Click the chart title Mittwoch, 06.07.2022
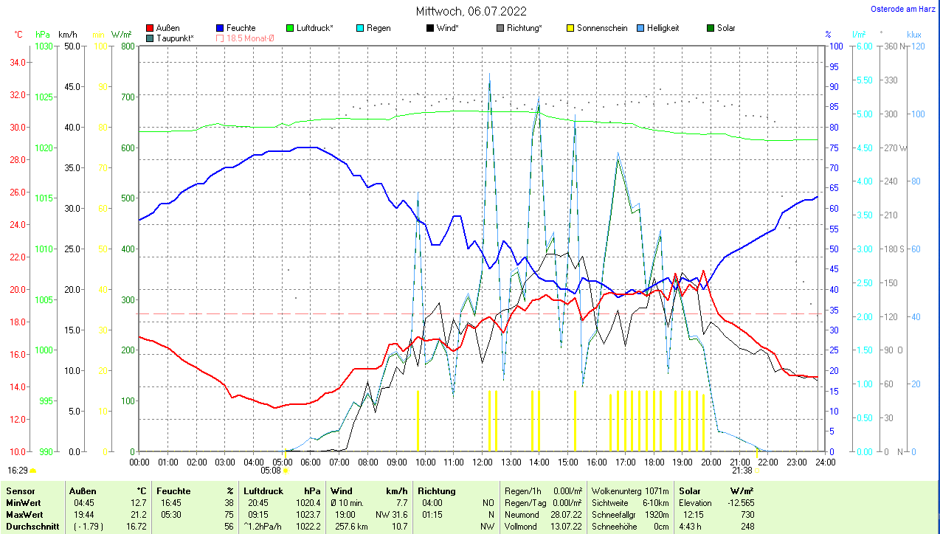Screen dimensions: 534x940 pos(470,11)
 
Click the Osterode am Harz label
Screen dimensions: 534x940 pos(903,9)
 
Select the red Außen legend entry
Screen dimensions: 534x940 pos(167,28)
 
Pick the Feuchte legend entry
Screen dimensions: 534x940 pos(241,28)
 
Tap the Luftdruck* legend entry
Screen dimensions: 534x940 pos(314,28)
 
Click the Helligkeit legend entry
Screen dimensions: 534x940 pos(663,28)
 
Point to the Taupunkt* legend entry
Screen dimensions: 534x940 pos(174,38)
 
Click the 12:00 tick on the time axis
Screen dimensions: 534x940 pos(482,462)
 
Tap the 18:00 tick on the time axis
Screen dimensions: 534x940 pos(654,462)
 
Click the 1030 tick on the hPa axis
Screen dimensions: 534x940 pos(44,46)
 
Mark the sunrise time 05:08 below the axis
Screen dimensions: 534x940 pos(271,470)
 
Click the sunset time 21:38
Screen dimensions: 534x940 pos(742,470)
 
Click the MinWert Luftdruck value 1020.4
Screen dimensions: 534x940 pos(308,502)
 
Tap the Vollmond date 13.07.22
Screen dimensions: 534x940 pos(566,527)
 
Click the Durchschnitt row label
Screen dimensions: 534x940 pos(29,527)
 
